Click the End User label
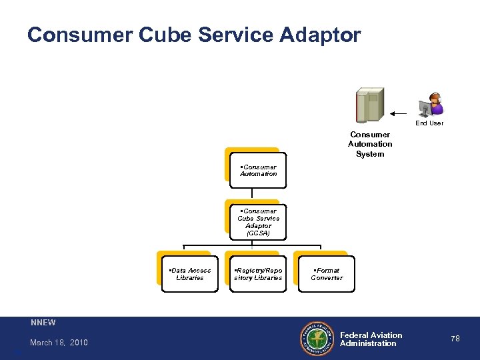point(429,123)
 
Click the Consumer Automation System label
point(370,144)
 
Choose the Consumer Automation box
point(258,171)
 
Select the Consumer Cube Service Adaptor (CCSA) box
point(258,222)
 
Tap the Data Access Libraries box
point(190,274)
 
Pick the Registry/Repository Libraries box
point(258,274)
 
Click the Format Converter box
point(327,274)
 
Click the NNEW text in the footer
point(43,323)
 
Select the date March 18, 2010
point(59,343)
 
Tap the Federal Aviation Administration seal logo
point(318,338)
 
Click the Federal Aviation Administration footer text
point(371,339)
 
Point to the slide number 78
point(455,339)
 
